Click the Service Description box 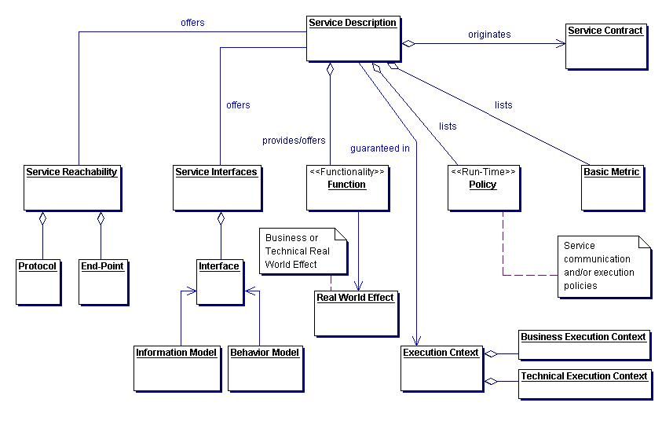(x=353, y=38)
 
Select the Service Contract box (x=605, y=46)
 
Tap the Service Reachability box (x=71, y=187)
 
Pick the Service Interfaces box (x=216, y=187)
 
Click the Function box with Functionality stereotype (x=346, y=187)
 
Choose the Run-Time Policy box (x=483, y=187)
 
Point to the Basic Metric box (x=612, y=187)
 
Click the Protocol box (x=38, y=281)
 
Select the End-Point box (x=102, y=281)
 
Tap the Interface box (x=219, y=281)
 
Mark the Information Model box (x=176, y=367)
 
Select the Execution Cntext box (x=441, y=367)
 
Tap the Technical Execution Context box (x=585, y=384)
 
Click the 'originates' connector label (x=489, y=35)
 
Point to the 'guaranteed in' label (x=379, y=148)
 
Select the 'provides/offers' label (x=293, y=141)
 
